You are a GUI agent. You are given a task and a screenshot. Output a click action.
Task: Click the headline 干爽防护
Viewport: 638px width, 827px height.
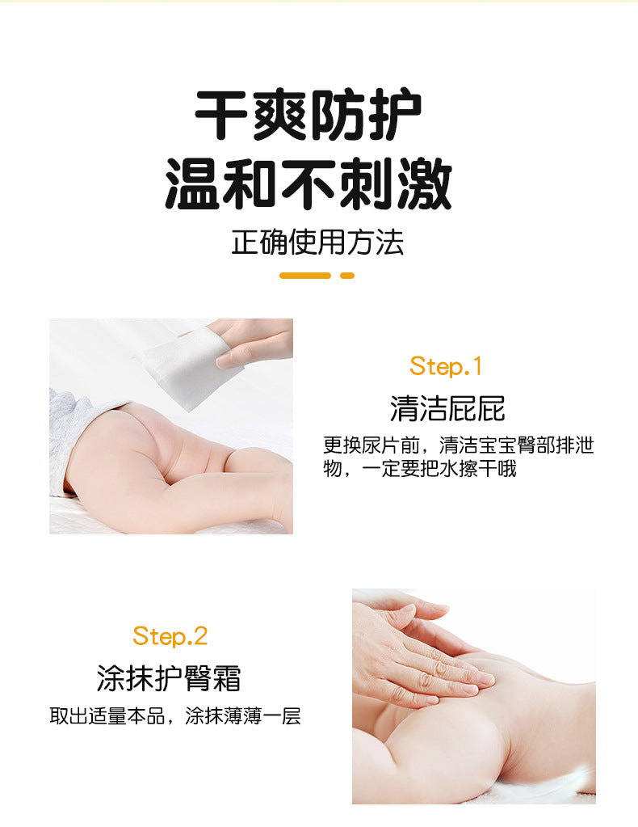point(309,116)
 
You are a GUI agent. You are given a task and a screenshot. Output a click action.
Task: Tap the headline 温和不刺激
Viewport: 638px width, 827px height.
point(309,183)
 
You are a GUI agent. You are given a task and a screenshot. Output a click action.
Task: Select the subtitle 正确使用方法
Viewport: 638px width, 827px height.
point(317,243)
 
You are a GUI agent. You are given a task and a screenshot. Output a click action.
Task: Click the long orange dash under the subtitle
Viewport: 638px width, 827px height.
point(305,276)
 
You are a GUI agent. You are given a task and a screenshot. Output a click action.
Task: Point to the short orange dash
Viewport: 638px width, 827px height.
point(347,276)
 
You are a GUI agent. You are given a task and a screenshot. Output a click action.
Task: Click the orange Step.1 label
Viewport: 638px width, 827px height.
point(446,366)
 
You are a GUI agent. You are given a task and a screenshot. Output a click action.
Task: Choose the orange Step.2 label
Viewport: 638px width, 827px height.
point(170,635)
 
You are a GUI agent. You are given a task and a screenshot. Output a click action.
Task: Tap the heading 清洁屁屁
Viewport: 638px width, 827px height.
point(448,409)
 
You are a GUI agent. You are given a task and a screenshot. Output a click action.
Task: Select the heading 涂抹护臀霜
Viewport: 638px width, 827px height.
point(169,678)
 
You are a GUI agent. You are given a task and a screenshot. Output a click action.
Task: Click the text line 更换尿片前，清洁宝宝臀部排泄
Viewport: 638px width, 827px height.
point(459,445)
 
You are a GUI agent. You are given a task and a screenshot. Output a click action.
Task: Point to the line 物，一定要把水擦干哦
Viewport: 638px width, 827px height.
point(420,468)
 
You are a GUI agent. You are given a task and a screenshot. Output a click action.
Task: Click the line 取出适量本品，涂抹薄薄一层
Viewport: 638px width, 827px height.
point(175,715)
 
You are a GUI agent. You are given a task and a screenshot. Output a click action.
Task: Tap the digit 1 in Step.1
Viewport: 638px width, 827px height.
point(477,366)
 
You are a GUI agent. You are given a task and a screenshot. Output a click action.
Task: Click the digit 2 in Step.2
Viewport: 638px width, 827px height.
point(201,636)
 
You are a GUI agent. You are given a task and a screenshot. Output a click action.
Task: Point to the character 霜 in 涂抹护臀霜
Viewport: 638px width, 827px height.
point(228,678)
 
